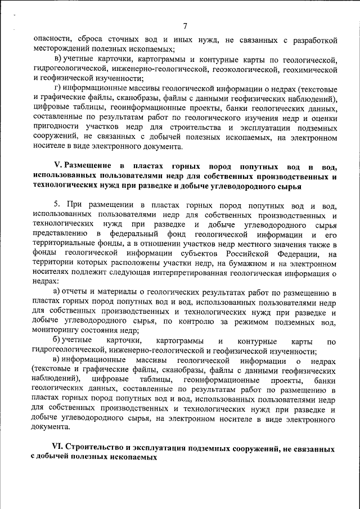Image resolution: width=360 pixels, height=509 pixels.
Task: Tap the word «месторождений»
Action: (x=61, y=49)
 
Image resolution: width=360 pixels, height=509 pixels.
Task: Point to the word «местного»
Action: (x=245, y=245)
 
